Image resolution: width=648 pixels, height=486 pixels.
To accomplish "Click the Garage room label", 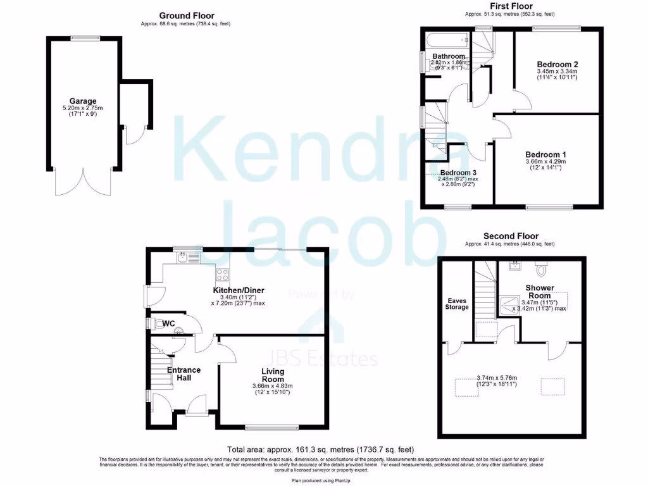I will click(x=84, y=101).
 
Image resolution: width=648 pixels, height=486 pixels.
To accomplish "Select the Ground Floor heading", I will click(x=186, y=16).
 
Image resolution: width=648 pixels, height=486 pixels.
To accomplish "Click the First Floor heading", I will click(x=511, y=6).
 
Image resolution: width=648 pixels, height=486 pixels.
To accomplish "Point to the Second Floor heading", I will click(x=509, y=235).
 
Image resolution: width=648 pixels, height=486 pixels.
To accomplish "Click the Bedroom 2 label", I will click(x=557, y=64).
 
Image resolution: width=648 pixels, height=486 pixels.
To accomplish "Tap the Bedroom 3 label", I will click(x=458, y=173).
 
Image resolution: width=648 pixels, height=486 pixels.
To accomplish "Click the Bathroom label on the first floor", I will click(x=449, y=56).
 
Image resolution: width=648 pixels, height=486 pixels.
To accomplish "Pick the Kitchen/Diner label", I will click(x=238, y=290).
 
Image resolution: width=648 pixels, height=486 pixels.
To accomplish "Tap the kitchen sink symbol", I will click(x=183, y=257).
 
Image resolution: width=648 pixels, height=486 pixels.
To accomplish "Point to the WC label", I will click(x=168, y=323).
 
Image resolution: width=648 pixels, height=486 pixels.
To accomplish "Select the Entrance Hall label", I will click(x=184, y=373).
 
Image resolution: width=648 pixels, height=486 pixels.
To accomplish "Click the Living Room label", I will click(x=272, y=375).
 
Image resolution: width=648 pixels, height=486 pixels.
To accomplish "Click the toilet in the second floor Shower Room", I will click(x=540, y=270).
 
